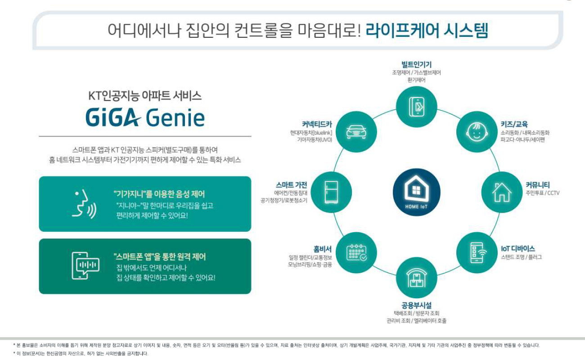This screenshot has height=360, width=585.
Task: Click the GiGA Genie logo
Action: [x=145, y=117]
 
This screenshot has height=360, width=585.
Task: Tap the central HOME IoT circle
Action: [x=416, y=192]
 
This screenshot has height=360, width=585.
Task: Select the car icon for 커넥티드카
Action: [x=356, y=132]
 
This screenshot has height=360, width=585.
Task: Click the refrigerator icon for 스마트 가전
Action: [x=331, y=192]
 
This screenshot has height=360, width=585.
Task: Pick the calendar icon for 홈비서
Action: [x=356, y=252]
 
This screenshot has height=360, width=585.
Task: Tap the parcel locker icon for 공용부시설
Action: [x=416, y=278]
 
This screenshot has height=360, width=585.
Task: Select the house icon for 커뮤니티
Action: [x=502, y=192]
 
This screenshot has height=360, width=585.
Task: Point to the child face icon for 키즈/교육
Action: [x=477, y=132]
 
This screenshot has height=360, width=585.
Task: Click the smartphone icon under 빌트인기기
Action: [x=417, y=107]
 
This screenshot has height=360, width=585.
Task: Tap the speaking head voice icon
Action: [x=84, y=204]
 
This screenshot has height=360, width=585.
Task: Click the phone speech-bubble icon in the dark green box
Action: [x=85, y=265]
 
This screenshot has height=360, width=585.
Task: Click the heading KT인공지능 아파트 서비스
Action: [x=145, y=96]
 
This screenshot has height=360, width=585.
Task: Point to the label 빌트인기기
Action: [x=416, y=64]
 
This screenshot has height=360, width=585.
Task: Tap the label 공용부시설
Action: [x=416, y=305]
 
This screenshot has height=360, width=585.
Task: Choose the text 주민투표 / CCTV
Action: [x=543, y=193]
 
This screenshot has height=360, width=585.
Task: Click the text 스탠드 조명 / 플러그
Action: [x=521, y=257]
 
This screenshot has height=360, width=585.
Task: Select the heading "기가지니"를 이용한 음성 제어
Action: [x=159, y=194]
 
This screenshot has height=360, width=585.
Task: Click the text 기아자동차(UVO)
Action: [x=315, y=140]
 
